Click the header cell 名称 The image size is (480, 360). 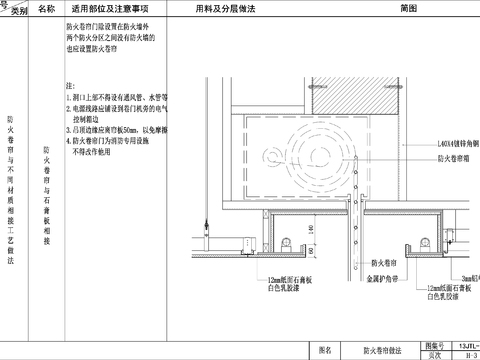pos(46,8)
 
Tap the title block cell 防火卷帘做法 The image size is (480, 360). pos(379,351)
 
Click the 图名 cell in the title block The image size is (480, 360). pos(323,351)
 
